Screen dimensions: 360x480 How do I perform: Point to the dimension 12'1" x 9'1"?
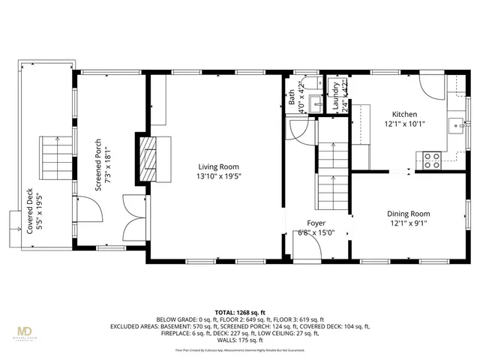[408, 223]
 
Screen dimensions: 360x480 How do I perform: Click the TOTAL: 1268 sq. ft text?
[240, 312]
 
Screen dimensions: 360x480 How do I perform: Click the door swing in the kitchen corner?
[434, 86]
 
